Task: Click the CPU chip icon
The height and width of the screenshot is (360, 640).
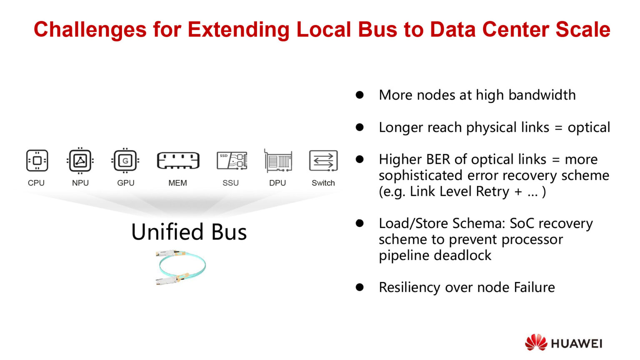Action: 37,160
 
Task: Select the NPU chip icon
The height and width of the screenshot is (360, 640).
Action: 80,160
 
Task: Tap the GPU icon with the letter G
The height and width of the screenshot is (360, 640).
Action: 125,160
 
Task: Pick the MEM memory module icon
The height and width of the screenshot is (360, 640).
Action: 178,161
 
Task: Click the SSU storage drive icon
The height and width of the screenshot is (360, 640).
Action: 232,160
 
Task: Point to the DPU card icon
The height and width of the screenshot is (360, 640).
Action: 278,161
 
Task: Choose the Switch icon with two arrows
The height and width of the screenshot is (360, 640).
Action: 323,160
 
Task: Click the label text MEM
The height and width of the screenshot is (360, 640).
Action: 177,183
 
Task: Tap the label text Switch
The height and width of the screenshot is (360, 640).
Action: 323,183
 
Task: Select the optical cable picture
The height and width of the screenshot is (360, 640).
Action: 181,267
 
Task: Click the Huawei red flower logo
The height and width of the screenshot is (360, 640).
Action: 536,342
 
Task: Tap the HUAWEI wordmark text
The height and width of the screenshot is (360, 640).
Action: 577,344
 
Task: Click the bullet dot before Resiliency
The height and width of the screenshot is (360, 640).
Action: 360,287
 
